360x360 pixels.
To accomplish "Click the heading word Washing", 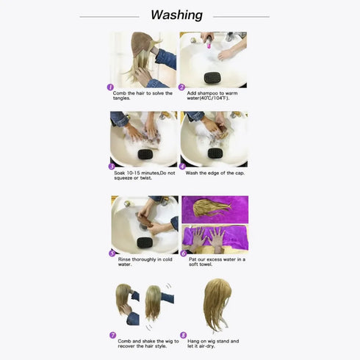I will coord(176,15).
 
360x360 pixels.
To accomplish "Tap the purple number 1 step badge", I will coord(111,87).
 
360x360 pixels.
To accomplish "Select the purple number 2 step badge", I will coord(181,87).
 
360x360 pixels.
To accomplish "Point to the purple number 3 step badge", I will coord(111,167).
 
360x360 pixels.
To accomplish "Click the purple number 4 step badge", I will coord(181,167).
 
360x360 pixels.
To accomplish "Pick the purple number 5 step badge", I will coord(111,253).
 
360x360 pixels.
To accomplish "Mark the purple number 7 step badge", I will coord(112,334).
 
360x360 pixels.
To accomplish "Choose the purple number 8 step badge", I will coord(183,334).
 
